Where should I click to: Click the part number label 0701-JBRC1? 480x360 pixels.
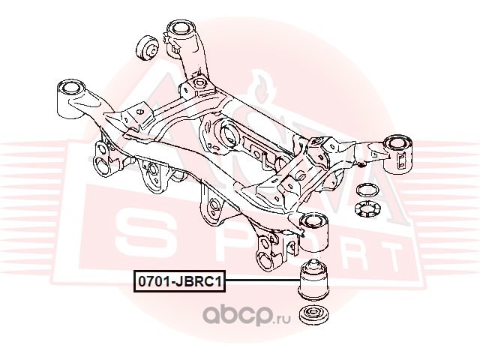click(178, 283)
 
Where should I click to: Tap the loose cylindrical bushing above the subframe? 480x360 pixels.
click(145, 50)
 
